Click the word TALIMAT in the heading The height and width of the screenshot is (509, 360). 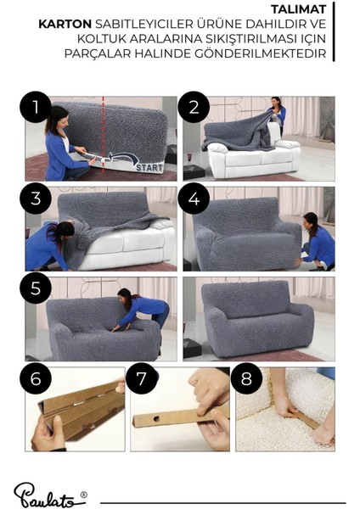[x=298, y=9]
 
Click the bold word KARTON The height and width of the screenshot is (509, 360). [x=65, y=24]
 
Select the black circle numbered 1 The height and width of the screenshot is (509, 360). [x=36, y=108]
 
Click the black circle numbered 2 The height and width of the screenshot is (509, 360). [x=194, y=108]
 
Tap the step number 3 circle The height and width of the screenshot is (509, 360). [x=36, y=198]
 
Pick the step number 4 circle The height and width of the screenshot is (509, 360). [x=194, y=198]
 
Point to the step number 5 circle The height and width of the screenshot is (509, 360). [x=36, y=288]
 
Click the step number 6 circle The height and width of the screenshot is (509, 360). [x=36, y=378]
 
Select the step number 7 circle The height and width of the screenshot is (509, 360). [x=141, y=378]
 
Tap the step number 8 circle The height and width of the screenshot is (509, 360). [x=246, y=378]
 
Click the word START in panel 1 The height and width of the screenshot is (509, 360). [x=149, y=167]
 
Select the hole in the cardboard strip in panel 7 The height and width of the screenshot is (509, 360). [x=156, y=419]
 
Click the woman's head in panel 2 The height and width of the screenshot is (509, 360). [x=276, y=103]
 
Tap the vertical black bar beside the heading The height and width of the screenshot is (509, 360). [x=334, y=31]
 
